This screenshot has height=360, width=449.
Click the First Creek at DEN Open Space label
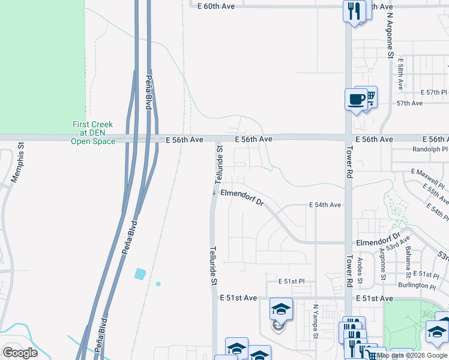tap(92, 133)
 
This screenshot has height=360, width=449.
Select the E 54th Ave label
tap(325, 205)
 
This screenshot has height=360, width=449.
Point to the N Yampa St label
tap(315, 321)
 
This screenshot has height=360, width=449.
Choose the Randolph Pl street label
tap(430, 149)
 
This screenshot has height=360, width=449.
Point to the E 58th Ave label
tap(400, 73)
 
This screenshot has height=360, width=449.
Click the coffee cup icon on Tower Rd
tap(356, 98)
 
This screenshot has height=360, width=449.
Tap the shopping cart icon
tap(371, 95)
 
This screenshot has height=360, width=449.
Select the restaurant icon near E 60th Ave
tap(354, 10)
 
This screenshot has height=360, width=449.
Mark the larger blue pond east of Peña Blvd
tap(140, 274)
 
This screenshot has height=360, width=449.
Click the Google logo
tap(20, 353)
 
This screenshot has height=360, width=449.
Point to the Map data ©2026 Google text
tap(412, 355)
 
